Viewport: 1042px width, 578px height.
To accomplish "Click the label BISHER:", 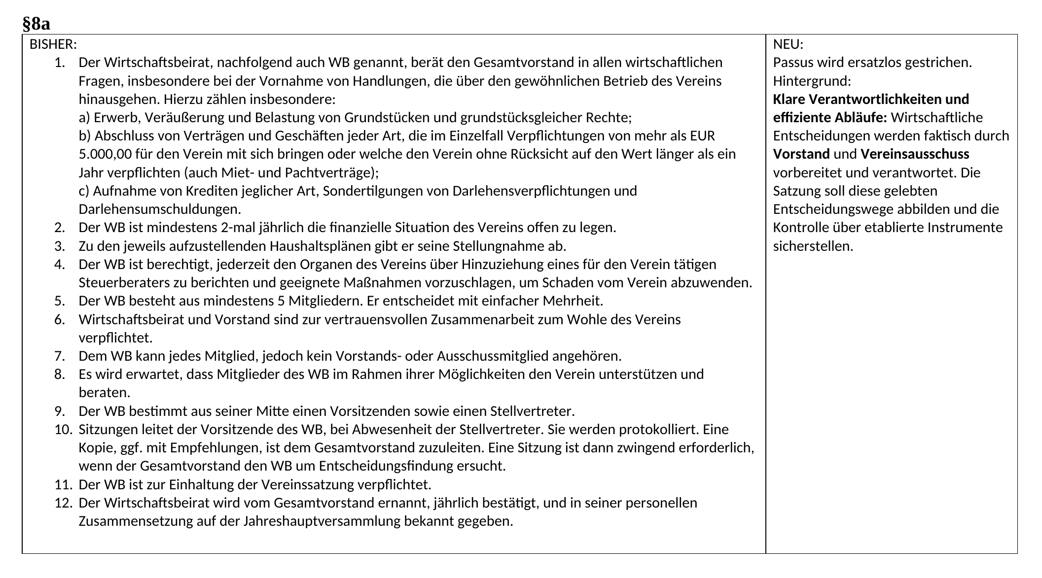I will pyautogui.click(x=53, y=44).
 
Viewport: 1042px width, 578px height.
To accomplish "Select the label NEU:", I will pyautogui.click(x=788, y=44).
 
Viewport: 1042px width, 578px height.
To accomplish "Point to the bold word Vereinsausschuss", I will pyautogui.click(x=915, y=154).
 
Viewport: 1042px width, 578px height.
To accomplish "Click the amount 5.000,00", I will pyautogui.click(x=105, y=154).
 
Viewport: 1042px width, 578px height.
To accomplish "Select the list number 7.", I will pyautogui.click(x=60, y=356).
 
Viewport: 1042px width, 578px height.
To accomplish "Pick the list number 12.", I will pyautogui.click(x=64, y=503).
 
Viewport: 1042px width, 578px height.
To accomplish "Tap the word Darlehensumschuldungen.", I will pyautogui.click(x=160, y=209).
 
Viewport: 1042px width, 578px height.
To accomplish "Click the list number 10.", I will pyautogui.click(x=64, y=429).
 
